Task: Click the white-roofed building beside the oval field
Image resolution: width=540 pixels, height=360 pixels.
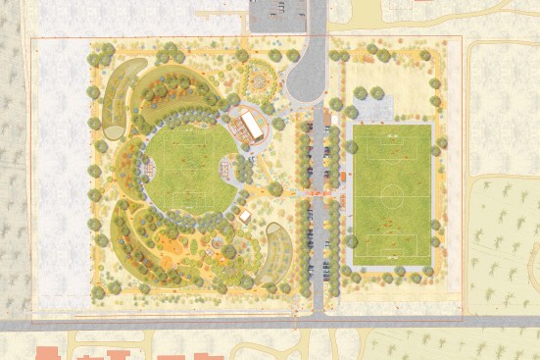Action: click(253, 125)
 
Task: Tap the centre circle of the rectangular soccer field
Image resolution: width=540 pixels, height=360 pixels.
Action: click(392, 192)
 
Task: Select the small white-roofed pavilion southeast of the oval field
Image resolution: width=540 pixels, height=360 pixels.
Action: click(245, 215)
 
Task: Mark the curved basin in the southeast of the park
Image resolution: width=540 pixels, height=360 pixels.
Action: click(278, 249)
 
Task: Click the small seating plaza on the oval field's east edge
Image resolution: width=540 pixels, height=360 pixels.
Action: click(230, 170)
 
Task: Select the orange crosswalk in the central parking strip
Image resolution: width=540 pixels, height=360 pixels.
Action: click(318, 196)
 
